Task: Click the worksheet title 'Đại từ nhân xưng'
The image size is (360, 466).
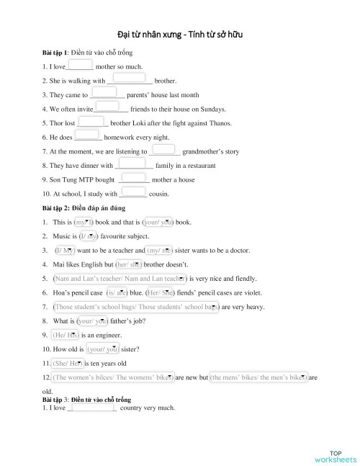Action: tap(148, 35)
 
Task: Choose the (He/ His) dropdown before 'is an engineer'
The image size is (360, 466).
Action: tap(66, 335)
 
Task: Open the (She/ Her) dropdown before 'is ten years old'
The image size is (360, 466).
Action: tap(67, 363)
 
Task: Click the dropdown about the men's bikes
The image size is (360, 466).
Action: tap(259, 377)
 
